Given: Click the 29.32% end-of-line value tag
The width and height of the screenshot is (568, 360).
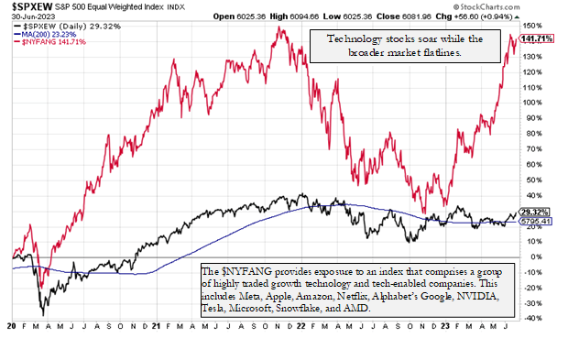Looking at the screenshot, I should coord(534,212).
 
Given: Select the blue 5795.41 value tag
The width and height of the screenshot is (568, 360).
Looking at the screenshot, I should coord(534,221).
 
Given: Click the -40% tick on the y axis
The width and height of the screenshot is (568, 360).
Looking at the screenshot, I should coord(531,318).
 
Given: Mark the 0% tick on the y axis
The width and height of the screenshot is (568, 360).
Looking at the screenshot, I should coord(529,257).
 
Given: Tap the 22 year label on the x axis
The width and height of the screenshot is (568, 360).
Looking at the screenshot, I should coord(301,326).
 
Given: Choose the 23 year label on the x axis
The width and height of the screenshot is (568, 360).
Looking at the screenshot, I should coord(445,326).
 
